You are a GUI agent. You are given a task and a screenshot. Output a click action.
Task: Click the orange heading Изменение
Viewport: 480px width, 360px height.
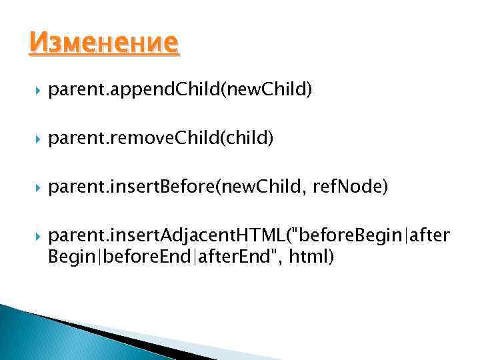[x=103, y=44]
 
